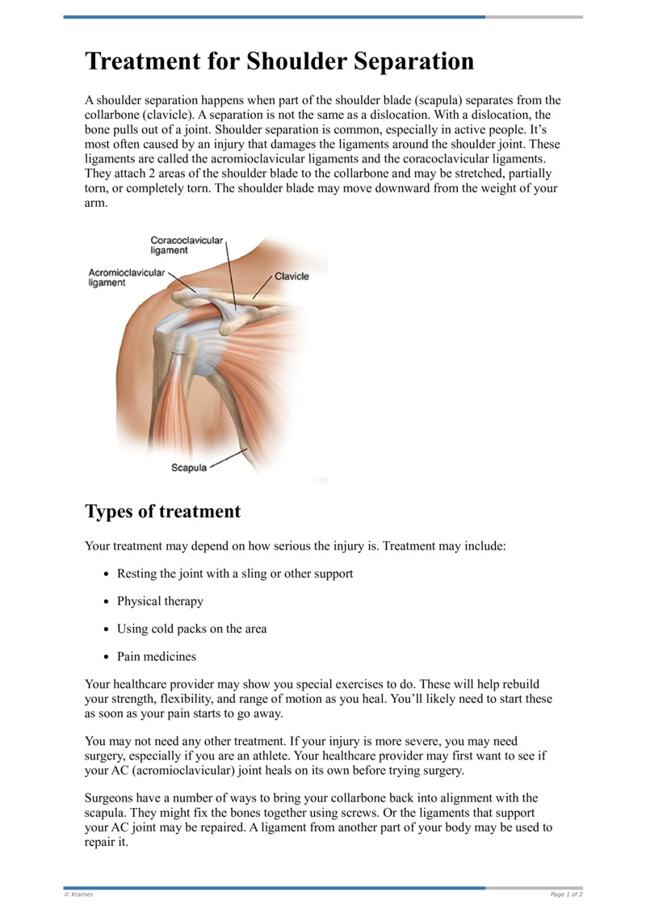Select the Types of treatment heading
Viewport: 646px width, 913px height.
[162, 511]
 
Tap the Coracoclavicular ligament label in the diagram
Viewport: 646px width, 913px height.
[187, 245]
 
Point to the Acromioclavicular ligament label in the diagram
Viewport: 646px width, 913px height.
[126, 278]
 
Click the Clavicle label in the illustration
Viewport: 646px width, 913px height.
[292, 276]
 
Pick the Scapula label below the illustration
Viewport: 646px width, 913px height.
[189, 467]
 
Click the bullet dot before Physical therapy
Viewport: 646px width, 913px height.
[107, 602]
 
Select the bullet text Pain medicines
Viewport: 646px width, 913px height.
[157, 656]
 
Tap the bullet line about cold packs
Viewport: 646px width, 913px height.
[191, 629]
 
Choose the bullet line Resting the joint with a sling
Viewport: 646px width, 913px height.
[235, 574]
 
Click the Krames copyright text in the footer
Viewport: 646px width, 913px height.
[78, 894]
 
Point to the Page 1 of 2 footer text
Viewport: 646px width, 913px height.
[566, 894]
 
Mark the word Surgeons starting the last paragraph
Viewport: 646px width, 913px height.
[111, 798]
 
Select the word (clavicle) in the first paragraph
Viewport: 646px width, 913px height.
[171, 115]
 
